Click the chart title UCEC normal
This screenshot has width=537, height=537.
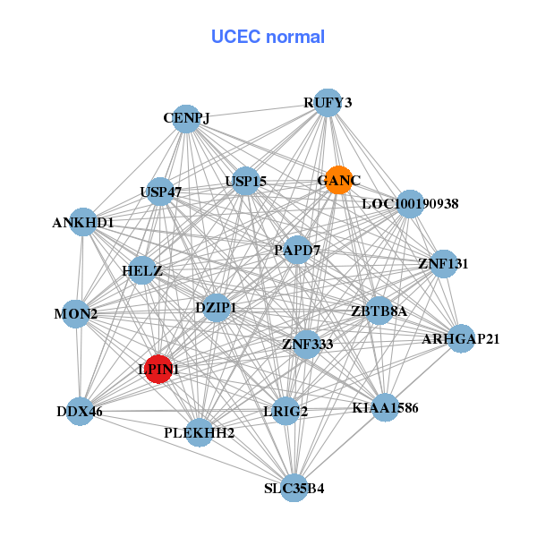point(268,37)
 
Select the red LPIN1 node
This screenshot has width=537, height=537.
point(158,369)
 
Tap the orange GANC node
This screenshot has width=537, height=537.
point(337,180)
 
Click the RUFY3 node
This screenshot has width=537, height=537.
point(328,103)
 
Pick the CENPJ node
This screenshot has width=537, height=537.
point(185,119)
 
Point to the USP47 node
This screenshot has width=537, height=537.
point(160,192)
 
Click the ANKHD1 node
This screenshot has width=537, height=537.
point(83,222)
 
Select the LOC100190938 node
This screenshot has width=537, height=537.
point(409,204)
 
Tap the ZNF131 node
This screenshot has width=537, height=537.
point(443,264)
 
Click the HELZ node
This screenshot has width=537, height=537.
point(142,270)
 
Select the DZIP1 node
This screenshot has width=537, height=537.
point(216,308)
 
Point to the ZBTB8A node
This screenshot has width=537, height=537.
point(379,311)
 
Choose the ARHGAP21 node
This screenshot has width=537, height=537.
point(460,338)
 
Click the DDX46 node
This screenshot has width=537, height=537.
point(81,412)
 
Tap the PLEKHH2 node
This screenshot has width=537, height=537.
point(199,433)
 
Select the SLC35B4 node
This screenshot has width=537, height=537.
point(294,488)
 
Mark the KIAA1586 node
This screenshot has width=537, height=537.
point(385,408)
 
